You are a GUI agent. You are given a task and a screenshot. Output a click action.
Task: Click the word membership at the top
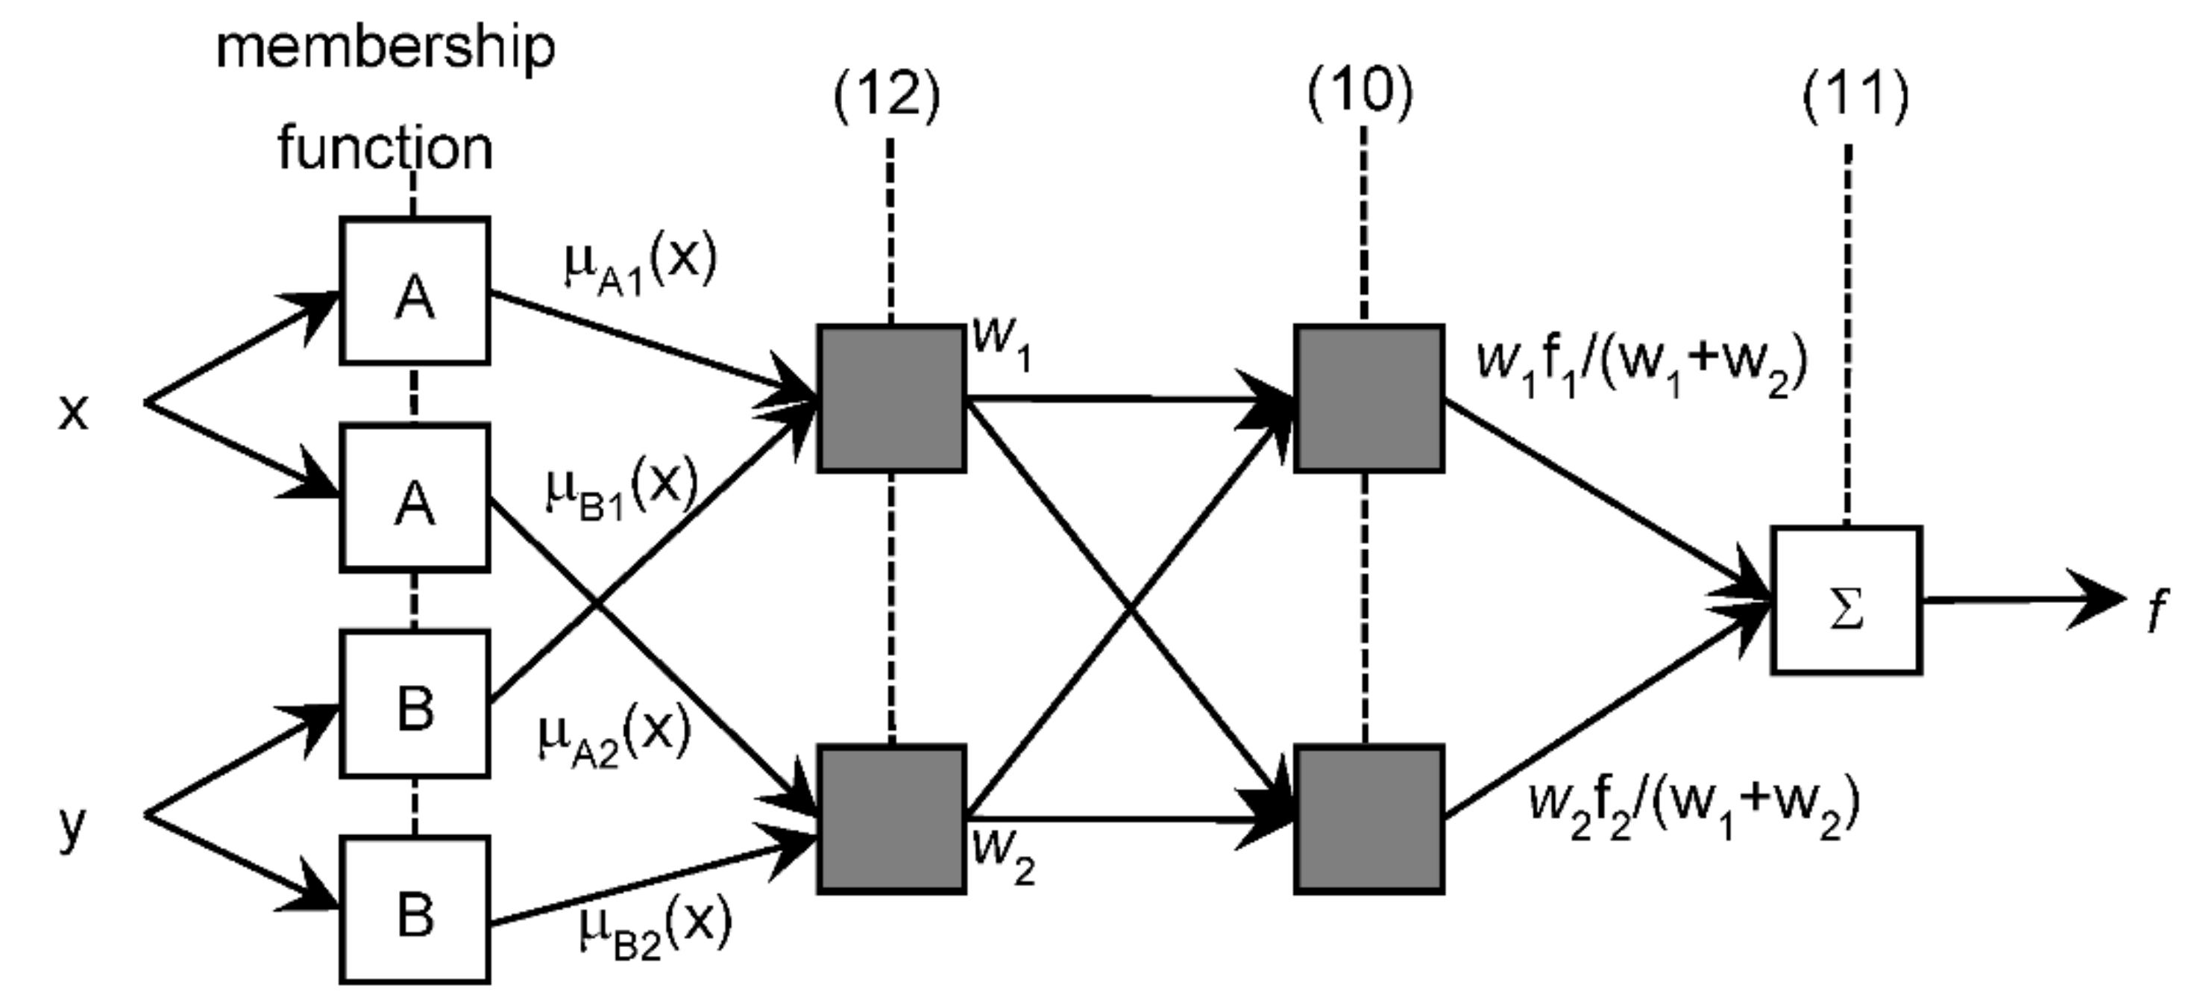click(385, 49)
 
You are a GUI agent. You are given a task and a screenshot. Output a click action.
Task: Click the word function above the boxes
click(385, 149)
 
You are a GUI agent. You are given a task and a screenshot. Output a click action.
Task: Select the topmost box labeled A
click(415, 292)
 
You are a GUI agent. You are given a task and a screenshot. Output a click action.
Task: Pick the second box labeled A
click(415, 498)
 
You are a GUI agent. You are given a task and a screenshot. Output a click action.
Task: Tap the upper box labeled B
click(415, 704)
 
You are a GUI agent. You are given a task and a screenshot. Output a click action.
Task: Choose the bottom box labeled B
click(415, 910)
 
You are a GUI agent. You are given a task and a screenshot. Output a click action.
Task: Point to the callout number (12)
click(887, 95)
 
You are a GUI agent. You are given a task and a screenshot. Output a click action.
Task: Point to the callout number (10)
click(1360, 91)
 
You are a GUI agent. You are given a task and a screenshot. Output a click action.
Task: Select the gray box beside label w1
click(892, 399)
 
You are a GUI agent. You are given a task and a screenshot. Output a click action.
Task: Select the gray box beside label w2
click(892, 819)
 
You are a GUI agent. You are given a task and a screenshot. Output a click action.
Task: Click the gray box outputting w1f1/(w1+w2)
click(1369, 399)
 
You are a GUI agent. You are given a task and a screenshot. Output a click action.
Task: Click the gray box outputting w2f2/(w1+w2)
click(1369, 819)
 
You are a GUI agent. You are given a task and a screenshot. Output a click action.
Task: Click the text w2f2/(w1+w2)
click(1694, 809)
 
